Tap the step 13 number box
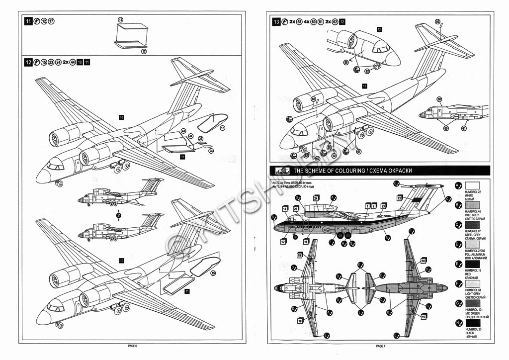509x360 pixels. click(x=276, y=21)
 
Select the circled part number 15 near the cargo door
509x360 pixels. click(x=222, y=128)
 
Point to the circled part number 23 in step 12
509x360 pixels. click(x=200, y=139)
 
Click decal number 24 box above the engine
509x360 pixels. click(x=316, y=198)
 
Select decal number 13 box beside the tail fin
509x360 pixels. click(x=399, y=198)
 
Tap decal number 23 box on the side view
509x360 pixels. click(x=383, y=205)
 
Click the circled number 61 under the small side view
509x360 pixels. click(x=464, y=128)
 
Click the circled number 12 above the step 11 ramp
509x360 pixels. click(x=120, y=19)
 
